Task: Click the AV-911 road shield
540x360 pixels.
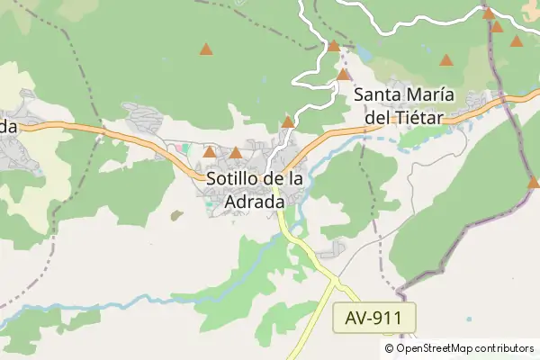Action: (379, 317)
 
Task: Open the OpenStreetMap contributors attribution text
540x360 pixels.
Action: (464, 348)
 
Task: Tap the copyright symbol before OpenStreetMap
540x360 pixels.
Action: (390, 348)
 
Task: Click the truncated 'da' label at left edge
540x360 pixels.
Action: (8, 126)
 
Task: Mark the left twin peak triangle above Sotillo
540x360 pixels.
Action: (210, 152)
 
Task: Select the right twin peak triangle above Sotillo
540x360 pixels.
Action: (236, 153)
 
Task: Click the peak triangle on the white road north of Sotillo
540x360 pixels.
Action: (288, 122)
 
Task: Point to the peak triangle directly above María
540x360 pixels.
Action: (445, 61)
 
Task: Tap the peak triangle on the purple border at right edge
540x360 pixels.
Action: (533, 183)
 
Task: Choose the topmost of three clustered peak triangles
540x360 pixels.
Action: (488, 13)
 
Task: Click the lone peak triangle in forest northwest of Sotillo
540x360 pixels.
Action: (206, 49)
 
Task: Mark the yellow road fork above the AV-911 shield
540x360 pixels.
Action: (334, 283)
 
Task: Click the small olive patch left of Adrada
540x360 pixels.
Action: (177, 214)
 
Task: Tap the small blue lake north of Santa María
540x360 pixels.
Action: (364, 52)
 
